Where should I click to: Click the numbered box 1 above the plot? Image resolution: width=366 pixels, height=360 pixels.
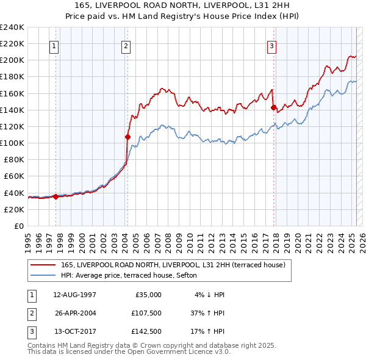click(54, 46)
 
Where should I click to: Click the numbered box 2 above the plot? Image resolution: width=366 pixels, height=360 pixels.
click(125, 46)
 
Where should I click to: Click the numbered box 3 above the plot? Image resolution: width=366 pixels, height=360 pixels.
click(271, 46)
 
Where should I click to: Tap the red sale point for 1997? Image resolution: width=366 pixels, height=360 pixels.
click(56, 196)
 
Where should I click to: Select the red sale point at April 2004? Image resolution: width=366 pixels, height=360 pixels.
click(128, 137)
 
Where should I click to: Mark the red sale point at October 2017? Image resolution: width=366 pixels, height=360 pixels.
click(273, 107)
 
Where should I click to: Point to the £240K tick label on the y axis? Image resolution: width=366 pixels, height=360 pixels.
click(12, 27)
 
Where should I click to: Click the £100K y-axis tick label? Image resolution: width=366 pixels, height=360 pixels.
click(12, 143)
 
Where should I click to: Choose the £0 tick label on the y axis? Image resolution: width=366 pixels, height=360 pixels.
click(18, 226)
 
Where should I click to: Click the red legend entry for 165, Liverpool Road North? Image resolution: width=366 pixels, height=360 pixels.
click(168, 264)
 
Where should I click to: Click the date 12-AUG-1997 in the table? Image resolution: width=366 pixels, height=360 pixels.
click(74, 295)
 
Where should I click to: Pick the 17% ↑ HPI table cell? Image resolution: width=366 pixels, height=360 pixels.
click(208, 334)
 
